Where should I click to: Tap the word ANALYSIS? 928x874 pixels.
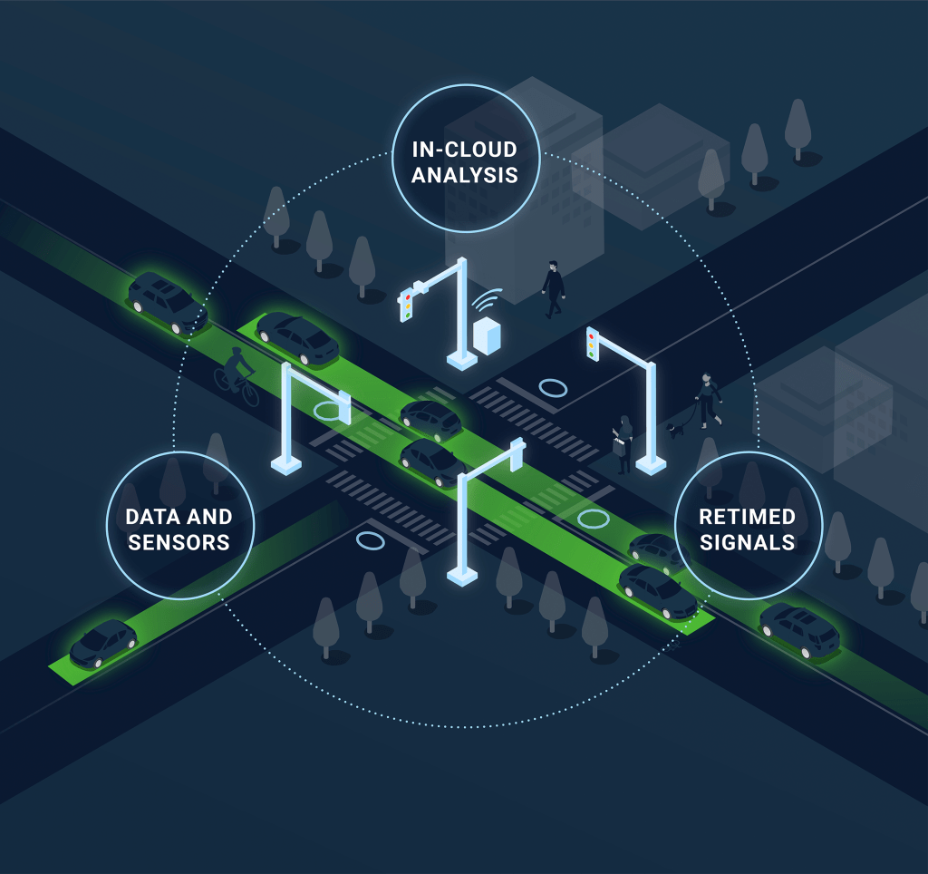click(465, 174)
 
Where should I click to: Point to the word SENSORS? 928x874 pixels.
click(179, 542)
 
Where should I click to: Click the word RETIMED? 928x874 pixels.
click(747, 518)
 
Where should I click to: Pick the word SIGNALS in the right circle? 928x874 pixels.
click(747, 542)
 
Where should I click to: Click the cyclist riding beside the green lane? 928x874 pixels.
click(237, 374)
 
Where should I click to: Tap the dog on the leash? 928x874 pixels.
click(676, 428)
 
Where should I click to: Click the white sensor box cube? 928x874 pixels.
click(487, 336)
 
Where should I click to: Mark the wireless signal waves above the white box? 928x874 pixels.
click(490, 300)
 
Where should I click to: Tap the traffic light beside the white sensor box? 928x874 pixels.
click(408, 306)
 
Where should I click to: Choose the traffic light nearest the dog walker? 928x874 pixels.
click(593, 344)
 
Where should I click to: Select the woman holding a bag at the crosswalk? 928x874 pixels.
click(624, 443)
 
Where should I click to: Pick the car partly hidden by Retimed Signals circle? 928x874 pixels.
click(654, 549)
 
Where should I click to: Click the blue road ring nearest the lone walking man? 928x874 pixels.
click(553, 388)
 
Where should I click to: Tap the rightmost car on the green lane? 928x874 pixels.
click(799, 630)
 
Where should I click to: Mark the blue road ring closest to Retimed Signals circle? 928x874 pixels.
click(594, 519)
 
